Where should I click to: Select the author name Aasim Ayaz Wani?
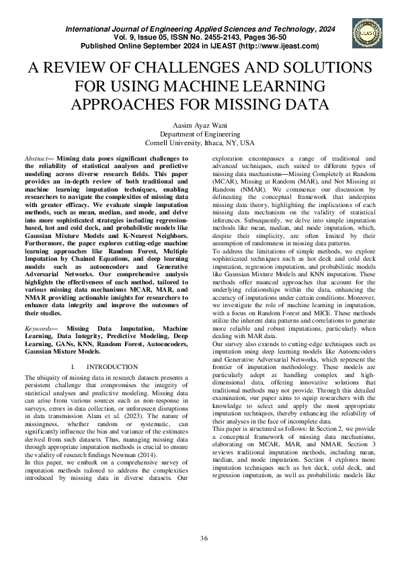(200, 125)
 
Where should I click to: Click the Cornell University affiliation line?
(200, 143)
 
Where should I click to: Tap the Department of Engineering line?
(200, 134)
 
